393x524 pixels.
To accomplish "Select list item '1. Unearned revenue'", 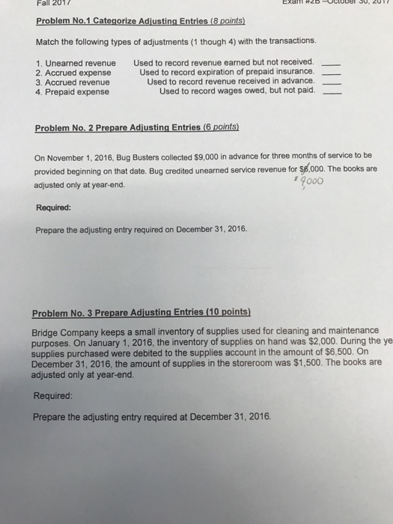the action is pyautogui.click(x=76, y=62).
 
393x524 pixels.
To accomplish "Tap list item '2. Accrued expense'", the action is pyautogui.click(x=73, y=72).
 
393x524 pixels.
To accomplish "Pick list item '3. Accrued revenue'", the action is pyautogui.click(x=73, y=82).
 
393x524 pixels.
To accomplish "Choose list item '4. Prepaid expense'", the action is pyautogui.click(x=72, y=91).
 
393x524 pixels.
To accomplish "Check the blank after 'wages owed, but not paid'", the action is pyautogui.click(x=335, y=94).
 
